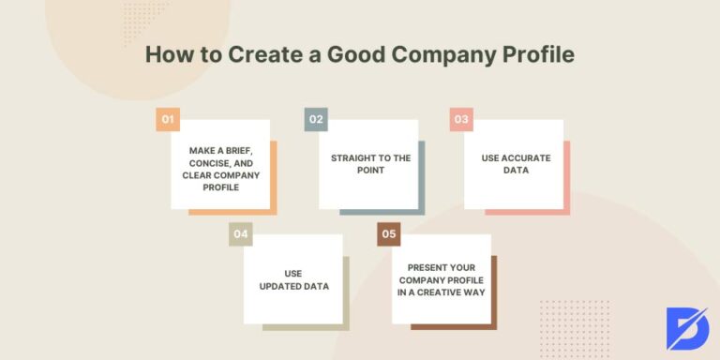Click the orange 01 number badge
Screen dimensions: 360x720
[168, 119]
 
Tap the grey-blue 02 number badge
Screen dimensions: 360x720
[316, 119]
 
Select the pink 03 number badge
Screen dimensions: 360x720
[461, 119]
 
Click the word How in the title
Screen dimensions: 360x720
[169, 54]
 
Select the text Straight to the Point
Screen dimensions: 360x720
[370, 164]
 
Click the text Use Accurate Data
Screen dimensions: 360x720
[517, 164]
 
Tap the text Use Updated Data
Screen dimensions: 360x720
[293, 279]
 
